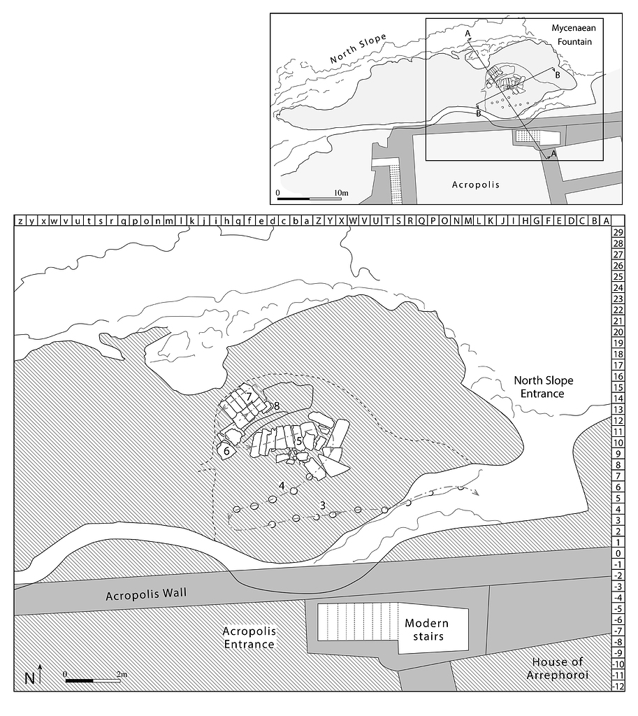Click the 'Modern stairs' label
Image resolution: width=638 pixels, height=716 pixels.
pyautogui.click(x=426, y=629)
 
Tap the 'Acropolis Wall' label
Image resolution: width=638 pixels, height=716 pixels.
pyautogui.click(x=147, y=596)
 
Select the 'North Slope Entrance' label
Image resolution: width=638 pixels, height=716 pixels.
pyautogui.click(x=544, y=387)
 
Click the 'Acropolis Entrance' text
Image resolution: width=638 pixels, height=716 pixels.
pyautogui.click(x=249, y=637)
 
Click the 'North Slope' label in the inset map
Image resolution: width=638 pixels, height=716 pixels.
pyautogui.click(x=358, y=50)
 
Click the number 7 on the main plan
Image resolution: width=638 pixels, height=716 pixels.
pyautogui.click(x=249, y=396)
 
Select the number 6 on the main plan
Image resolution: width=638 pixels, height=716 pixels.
pyautogui.click(x=227, y=452)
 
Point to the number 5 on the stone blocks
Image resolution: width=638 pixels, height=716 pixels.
pyautogui.click(x=298, y=441)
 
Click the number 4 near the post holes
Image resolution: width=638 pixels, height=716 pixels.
pyautogui.click(x=281, y=485)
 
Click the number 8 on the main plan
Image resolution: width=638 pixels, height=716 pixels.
pyautogui.click(x=277, y=406)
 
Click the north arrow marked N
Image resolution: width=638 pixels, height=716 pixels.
pyautogui.click(x=35, y=676)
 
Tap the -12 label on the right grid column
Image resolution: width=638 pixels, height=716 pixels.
pyautogui.click(x=617, y=686)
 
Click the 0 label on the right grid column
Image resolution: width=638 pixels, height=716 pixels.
pyautogui.click(x=617, y=553)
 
